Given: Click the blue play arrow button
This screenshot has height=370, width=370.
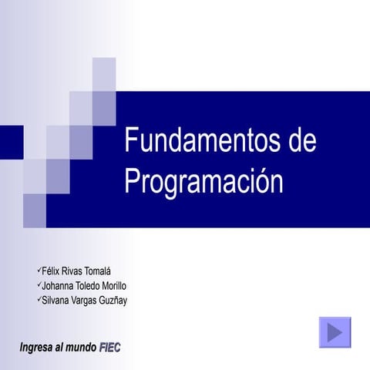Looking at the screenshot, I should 335,332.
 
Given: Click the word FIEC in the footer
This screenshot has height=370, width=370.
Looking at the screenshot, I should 110,348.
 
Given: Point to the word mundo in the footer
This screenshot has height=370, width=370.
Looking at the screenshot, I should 82,348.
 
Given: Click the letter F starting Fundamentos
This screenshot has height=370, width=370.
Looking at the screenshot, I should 131,143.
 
